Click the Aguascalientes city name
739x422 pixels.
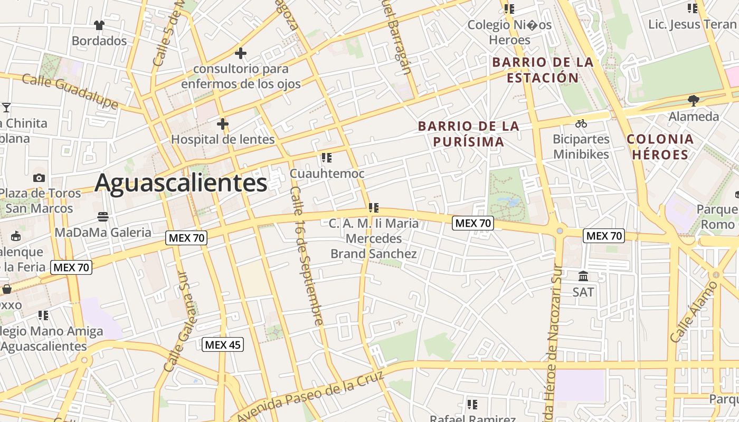181,183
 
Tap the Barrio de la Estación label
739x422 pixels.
543,70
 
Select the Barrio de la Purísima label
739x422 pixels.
469,134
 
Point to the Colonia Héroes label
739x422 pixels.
660,147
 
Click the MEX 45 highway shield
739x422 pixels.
223,345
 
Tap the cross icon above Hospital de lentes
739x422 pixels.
223,124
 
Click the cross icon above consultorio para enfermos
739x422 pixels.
241,53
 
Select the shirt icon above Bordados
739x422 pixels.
99,25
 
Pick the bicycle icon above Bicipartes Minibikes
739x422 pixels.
581,123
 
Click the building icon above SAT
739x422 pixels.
583,276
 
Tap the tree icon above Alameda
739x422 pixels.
694,100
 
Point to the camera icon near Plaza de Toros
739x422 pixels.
39,178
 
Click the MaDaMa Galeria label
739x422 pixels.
103,232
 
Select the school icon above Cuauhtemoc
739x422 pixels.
327,158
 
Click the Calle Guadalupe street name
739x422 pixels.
70,91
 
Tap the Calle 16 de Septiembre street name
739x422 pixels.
306,255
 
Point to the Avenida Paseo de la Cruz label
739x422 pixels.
311,397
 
